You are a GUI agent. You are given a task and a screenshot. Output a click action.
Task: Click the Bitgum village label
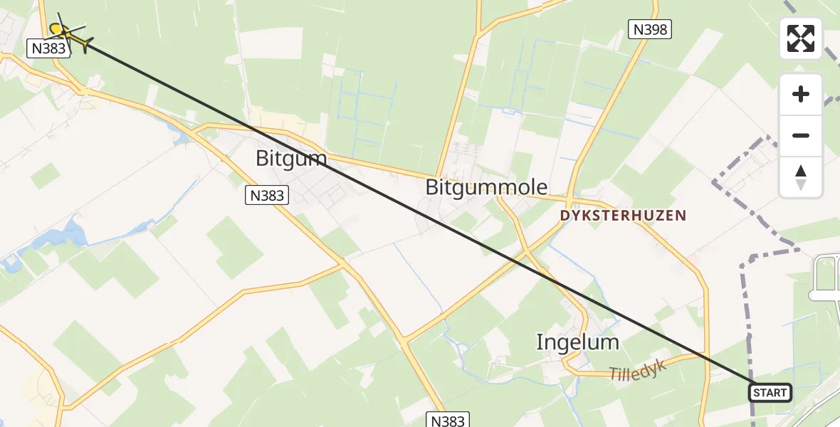pyautogui.click(x=291, y=158)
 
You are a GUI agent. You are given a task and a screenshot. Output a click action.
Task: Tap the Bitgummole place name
pyautogui.click(x=486, y=187)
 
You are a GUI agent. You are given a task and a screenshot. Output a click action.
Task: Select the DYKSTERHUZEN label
pyautogui.click(x=623, y=215)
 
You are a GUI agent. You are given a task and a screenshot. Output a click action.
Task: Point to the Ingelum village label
pyautogui.click(x=577, y=343)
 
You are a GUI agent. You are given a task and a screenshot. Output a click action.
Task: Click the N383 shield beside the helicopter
pyautogui.click(x=48, y=48)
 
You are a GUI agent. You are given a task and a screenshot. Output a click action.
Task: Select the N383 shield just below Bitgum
pyautogui.click(x=267, y=195)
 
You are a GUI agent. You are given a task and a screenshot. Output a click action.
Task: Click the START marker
pyautogui.click(x=770, y=393)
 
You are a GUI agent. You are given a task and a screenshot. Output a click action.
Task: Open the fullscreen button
pyautogui.click(x=801, y=38)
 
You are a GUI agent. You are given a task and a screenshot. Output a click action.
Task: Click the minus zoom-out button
pyautogui.click(x=801, y=135)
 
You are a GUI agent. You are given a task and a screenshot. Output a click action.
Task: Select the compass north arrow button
pyautogui.click(x=801, y=176)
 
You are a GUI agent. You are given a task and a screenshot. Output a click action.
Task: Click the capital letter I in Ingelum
pyautogui.click(x=540, y=343)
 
